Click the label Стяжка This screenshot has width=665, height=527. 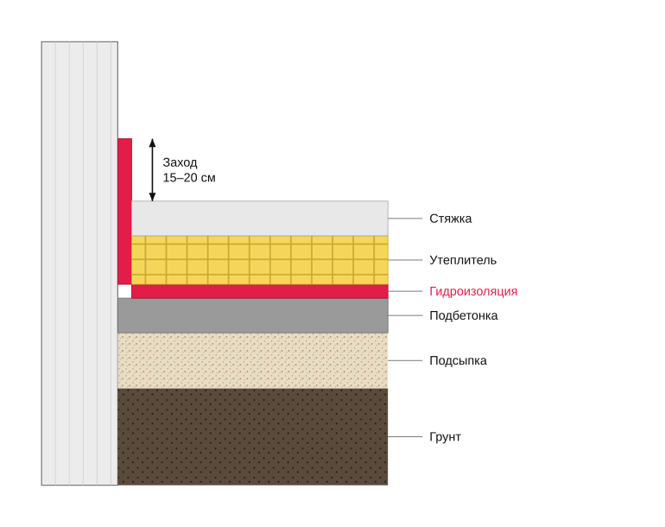[x=451, y=219]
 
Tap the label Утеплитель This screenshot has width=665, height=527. [x=463, y=260]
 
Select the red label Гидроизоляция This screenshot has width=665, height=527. [x=473, y=291]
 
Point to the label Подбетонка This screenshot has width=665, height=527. [x=464, y=315]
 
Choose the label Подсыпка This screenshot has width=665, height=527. [x=458, y=360]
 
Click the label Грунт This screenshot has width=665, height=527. [x=445, y=436]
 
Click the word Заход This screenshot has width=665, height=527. [x=180, y=162]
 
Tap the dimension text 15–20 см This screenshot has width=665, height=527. [x=189, y=178]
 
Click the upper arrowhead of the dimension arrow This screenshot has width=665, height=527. [x=152, y=143]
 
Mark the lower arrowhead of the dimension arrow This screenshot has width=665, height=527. [x=152, y=197]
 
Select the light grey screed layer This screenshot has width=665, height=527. [x=260, y=218]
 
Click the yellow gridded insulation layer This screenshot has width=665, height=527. [x=260, y=260]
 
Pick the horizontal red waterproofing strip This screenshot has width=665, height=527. [x=260, y=291]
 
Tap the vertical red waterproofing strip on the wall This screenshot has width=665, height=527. [x=124, y=212]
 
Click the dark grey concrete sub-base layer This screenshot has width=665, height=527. [x=253, y=315]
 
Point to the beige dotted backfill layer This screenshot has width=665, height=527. [x=253, y=360]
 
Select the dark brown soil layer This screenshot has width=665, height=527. [x=253, y=436]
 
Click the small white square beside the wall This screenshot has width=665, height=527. [x=124, y=291]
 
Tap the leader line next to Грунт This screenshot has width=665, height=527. [x=405, y=436]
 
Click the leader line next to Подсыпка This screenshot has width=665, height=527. [x=405, y=360]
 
